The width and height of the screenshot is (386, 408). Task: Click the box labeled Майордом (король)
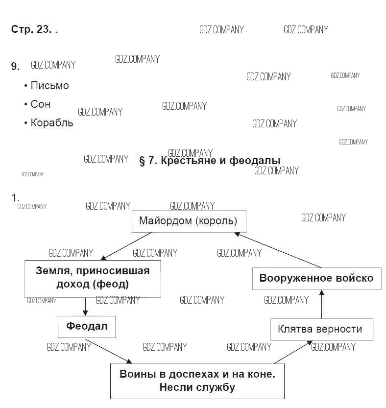click(189, 221)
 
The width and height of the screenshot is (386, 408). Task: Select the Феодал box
click(87, 327)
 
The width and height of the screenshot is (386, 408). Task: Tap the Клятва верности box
click(322, 330)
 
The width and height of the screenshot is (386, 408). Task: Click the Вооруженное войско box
click(317, 278)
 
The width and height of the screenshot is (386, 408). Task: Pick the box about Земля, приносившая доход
click(93, 279)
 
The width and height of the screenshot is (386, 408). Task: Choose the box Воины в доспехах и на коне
click(197, 381)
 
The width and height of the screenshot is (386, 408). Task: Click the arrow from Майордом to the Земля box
click(126, 246)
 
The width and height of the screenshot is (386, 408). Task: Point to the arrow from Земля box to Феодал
click(85, 307)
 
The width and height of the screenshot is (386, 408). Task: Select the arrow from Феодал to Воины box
click(109, 351)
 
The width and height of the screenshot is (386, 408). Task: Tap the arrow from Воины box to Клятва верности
click(293, 352)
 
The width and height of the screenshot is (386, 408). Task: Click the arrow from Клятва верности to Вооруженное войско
click(322, 304)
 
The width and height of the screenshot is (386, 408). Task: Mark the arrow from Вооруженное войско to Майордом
click(278, 250)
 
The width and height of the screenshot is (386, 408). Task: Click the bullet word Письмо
click(49, 86)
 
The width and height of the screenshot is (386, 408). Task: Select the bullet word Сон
click(40, 104)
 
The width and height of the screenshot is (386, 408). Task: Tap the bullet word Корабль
click(52, 123)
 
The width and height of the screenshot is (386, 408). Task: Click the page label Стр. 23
click(31, 29)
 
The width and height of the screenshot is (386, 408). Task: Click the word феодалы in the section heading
click(255, 160)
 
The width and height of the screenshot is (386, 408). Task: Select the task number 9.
click(15, 66)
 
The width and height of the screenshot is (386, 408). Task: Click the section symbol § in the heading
click(142, 161)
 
